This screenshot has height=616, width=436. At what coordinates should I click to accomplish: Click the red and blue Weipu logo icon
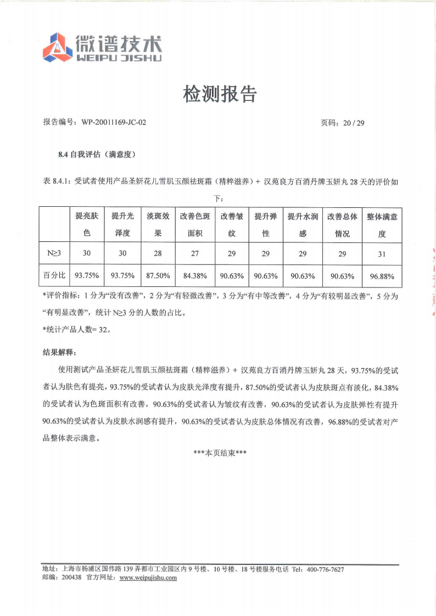tap(58, 47)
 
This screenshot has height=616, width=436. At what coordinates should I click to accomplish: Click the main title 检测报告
tap(220, 95)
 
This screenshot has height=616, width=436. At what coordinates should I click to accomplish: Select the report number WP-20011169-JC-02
tap(114, 123)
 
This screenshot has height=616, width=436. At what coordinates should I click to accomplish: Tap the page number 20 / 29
tap(353, 123)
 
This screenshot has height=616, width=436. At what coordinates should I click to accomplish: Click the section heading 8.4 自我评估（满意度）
tap(97, 155)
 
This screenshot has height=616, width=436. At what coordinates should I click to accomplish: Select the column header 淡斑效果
tap(158, 225)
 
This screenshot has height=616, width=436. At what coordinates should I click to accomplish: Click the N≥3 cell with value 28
tap(158, 253)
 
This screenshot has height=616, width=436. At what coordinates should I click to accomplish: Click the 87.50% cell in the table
tap(158, 275)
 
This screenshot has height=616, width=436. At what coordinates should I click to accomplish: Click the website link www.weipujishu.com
tap(148, 578)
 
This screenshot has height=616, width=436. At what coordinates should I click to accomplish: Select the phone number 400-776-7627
tap(326, 569)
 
